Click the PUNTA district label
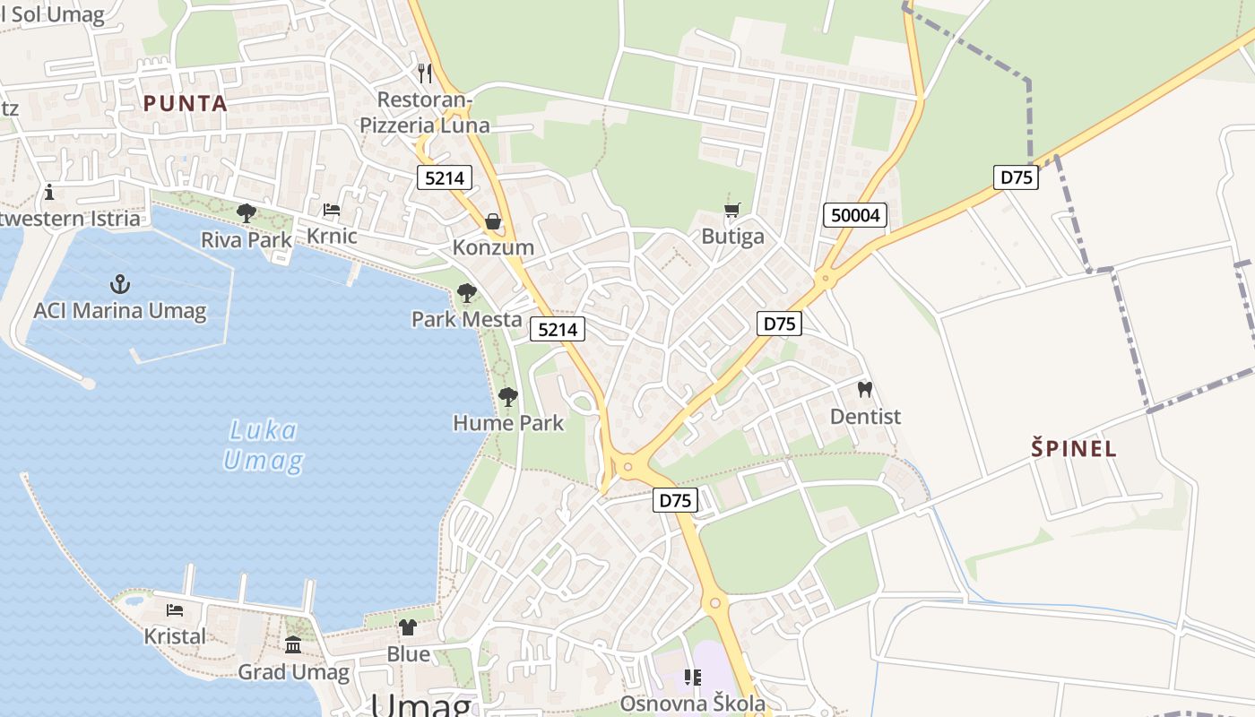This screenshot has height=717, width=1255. [x=186, y=103]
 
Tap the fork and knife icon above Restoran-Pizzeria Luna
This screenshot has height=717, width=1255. [x=425, y=73]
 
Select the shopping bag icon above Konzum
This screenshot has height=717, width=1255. [x=493, y=221]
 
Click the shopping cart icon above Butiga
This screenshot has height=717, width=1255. [x=732, y=211]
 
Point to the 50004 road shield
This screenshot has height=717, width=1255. [x=855, y=215]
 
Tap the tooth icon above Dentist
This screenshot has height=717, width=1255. [x=865, y=390]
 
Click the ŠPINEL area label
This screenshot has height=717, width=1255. [x=1074, y=448]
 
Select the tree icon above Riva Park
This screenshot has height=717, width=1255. [x=246, y=213]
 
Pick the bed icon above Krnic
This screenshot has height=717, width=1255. [x=332, y=211]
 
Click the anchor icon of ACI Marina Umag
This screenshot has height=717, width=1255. [x=120, y=285]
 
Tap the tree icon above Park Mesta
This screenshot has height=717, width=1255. [x=466, y=293]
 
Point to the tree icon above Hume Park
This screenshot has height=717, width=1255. [x=508, y=396]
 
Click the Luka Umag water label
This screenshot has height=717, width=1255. [x=263, y=445]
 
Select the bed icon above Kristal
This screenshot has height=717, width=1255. [x=175, y=610]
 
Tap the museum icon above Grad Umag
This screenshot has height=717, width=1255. [x=293, y=645]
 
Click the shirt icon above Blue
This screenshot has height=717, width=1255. [x=408, y=627]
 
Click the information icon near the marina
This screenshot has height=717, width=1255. [x=49, y=192]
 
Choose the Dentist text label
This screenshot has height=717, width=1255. [x=865, y=417]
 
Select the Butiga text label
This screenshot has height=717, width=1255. [x=732, y=237]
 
